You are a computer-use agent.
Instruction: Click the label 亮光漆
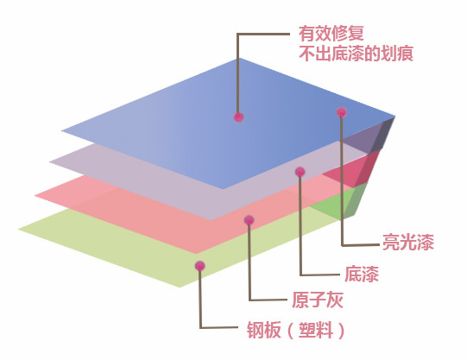(408, 242)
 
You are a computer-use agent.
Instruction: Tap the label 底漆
(362, 274)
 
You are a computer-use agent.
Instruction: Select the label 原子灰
(318, 300)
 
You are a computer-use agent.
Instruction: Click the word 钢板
(264, 330)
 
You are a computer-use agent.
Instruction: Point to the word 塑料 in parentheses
(316, 330)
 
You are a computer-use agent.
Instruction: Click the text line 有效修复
(331, 33)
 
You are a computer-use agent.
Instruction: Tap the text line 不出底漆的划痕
(356, 54)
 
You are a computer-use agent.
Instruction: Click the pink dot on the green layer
(200, 266)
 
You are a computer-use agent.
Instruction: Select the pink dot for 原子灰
(249, 220)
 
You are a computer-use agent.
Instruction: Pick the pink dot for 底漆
(300, 172)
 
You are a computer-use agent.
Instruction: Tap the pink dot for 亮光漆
(342, 112)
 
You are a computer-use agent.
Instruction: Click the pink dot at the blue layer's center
(238, 117)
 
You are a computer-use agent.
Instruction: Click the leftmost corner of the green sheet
(18, 230)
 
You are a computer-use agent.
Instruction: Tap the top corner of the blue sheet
(238, 59)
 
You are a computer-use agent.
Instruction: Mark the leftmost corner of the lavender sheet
(49, 161)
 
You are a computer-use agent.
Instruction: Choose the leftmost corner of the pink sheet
(35, 195)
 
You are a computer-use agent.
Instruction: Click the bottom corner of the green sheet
(180, 287)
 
